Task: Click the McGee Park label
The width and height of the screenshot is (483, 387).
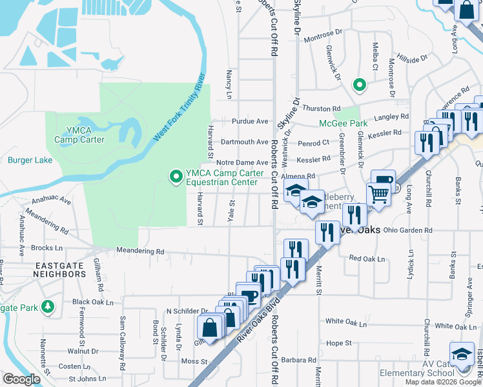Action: click(x=343, y=123)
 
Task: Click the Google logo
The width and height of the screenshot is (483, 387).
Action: click(x=21, y=379)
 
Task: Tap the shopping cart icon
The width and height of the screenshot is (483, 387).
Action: click(x=378, y=193)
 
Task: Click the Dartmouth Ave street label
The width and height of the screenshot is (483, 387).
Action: click(x=244, y=142)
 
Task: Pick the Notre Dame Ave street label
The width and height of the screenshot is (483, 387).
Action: click(x=242, y=163)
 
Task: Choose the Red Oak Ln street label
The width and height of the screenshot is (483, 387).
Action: click(x=366, y=259)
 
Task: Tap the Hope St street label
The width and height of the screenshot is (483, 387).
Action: click(x=338, y=343)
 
